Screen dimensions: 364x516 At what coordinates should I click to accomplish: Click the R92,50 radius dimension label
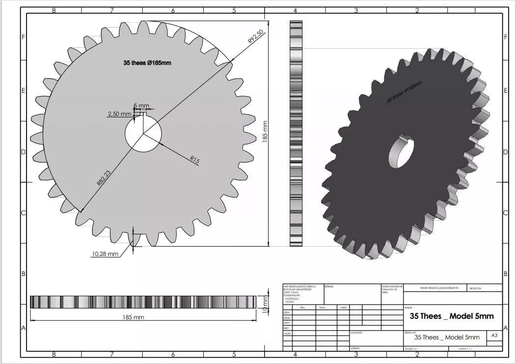click(x=256, y=37)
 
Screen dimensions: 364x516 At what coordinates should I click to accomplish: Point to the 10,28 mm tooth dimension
click(x=105, y=254)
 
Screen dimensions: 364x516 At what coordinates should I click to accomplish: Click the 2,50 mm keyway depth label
click(x=119, y=114)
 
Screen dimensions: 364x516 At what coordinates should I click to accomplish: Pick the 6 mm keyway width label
click(x=141, y=106)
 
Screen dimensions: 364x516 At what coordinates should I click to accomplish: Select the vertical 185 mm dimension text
click(x=265, y=132)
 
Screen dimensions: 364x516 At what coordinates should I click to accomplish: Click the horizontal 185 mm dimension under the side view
click(x=133, y=317)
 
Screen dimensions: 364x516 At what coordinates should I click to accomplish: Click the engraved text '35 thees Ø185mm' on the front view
click(x=147, y=63)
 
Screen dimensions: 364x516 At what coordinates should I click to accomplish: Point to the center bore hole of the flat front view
click(x=143, y=134)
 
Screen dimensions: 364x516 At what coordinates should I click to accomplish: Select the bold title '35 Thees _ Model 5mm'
click(x=451, y=316)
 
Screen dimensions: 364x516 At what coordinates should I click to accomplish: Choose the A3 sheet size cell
click(x=494, y=335)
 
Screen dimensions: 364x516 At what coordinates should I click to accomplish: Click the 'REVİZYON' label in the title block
click(x=476, y=289)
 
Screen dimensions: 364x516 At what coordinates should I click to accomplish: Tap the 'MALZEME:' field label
click(x=357, y=333)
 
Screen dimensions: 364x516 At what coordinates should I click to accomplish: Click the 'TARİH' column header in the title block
click(x=343, y=308)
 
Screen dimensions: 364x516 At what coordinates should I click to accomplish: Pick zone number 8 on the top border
click(x=54, y=10)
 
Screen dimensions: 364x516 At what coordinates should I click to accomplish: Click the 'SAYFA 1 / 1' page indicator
click(x=465, y=348)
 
